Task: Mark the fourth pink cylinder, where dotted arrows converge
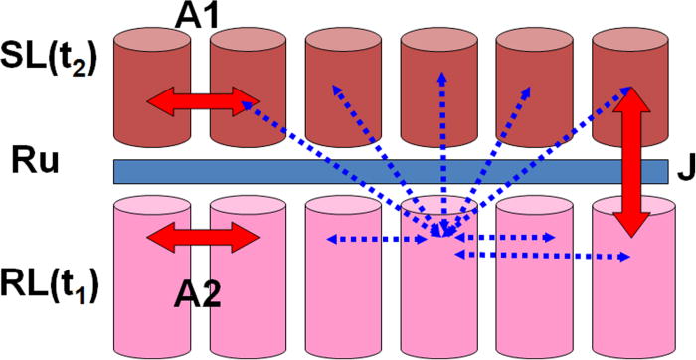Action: click(x=437, y=298)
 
